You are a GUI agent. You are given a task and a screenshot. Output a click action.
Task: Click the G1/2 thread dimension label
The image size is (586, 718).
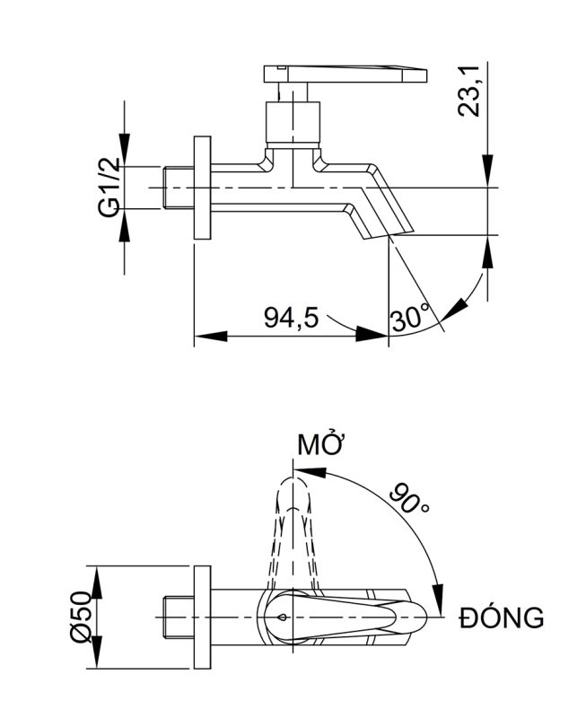(109, 188)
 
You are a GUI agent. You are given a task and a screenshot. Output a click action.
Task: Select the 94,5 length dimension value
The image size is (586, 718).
(291, 317)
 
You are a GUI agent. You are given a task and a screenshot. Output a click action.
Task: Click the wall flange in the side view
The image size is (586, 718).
(202, 188)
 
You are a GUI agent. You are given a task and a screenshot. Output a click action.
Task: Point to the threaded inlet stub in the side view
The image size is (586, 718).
(179, 188)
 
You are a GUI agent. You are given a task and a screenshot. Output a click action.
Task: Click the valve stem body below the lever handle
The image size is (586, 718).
(294, 123)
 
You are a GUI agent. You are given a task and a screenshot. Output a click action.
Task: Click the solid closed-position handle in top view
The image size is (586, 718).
(350, 617)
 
